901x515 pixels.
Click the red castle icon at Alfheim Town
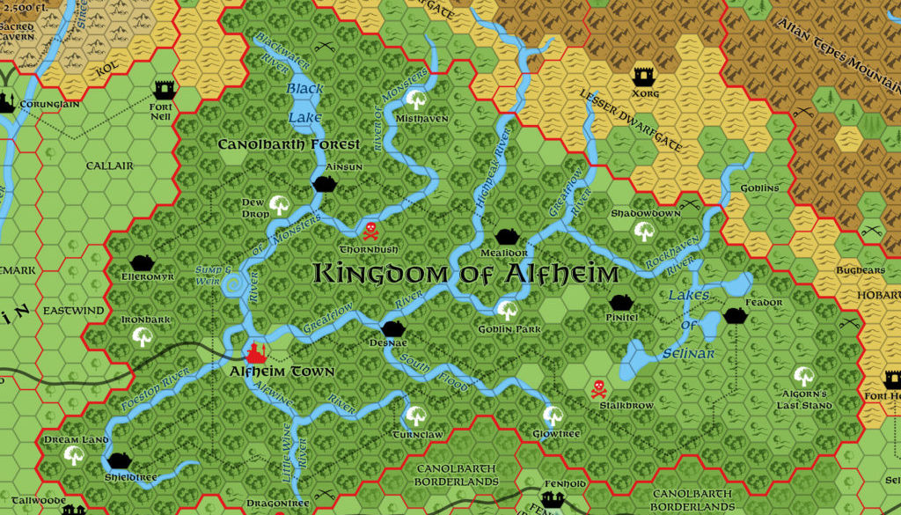[256, 352]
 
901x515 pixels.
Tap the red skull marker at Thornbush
[370, 231]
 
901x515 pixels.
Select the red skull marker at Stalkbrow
[598, 387]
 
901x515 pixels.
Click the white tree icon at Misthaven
[416, 99]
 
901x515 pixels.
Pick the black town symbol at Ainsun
[325, 184]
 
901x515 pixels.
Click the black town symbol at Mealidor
[505, 235]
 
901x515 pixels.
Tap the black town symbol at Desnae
[392, 328]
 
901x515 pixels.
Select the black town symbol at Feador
[736, 316]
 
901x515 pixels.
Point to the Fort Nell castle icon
[164, 89]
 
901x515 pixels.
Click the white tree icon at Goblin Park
[507, 310]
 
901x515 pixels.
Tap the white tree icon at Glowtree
[553, 415]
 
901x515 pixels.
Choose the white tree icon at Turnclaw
[415, 415]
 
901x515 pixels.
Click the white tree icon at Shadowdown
[644, 232]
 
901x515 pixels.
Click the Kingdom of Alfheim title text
[465, 274]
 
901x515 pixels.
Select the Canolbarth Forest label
[289, 144]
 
